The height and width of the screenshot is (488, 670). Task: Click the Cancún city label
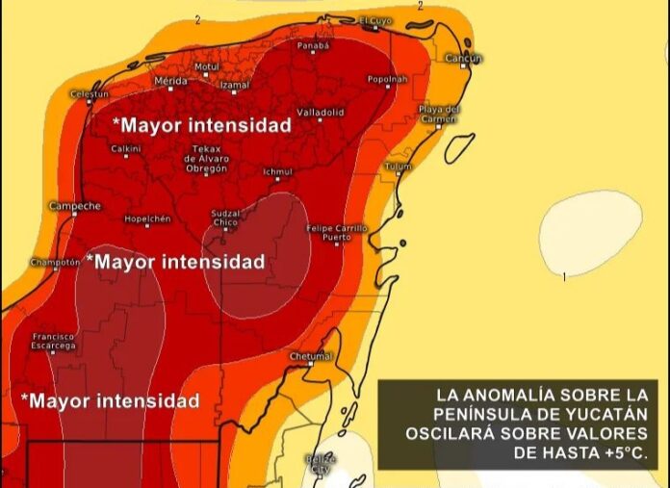click(463, 59)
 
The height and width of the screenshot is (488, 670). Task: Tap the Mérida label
click(170, 81)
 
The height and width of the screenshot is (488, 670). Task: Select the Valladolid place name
click(320, 113)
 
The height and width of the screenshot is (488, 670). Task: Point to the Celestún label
click(90, 94)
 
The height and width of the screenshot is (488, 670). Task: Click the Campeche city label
click(74, 206)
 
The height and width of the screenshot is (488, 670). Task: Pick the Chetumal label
click(310, 356)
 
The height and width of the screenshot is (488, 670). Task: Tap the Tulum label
click(398, 167)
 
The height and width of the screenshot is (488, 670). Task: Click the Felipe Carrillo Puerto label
click(336, 232)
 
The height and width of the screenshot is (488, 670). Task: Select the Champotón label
click(54, 262)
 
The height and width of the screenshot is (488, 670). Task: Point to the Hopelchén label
click(147, 218)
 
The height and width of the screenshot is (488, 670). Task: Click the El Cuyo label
click(376, 20)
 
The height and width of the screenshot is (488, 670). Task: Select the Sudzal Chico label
click(225, 218)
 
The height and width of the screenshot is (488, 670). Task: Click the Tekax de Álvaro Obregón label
click(207, 159)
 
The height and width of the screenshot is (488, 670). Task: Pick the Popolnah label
click(388, 79)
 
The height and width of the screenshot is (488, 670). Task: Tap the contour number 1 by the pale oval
click(564, 277)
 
